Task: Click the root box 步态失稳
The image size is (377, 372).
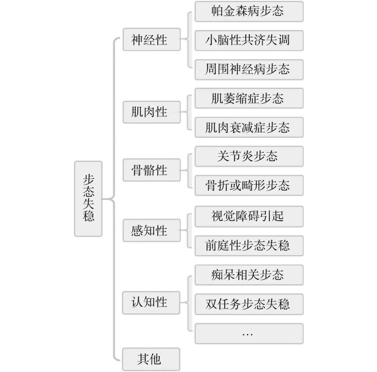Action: coord(88,199)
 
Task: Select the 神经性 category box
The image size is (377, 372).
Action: coord(151,40)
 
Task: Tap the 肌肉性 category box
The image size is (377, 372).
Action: coord(151,112)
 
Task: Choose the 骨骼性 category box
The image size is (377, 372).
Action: coord(151,170)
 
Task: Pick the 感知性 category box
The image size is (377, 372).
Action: coord(151,230)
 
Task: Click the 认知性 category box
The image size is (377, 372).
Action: coord(151,302)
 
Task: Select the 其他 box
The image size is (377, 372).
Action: coord(151,359)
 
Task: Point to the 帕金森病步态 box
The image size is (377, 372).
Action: coord(249,12)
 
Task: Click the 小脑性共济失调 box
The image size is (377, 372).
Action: coord(249,40)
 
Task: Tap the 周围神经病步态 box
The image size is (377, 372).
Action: coord(249,69)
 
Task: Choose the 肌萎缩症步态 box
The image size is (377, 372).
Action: coord(249,98)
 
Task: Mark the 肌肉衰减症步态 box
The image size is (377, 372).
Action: coord(249,127)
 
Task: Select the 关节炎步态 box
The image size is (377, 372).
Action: coord(249,156)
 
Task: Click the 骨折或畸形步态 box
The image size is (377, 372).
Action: coord(249,185)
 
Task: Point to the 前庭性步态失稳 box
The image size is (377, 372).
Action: coord(249,246)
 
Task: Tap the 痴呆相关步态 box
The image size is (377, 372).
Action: coord(249,275)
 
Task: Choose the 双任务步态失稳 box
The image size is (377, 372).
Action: coord(249,304)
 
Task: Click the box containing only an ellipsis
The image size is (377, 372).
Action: coord(249,334)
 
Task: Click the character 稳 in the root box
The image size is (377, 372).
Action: coord(88,217)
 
